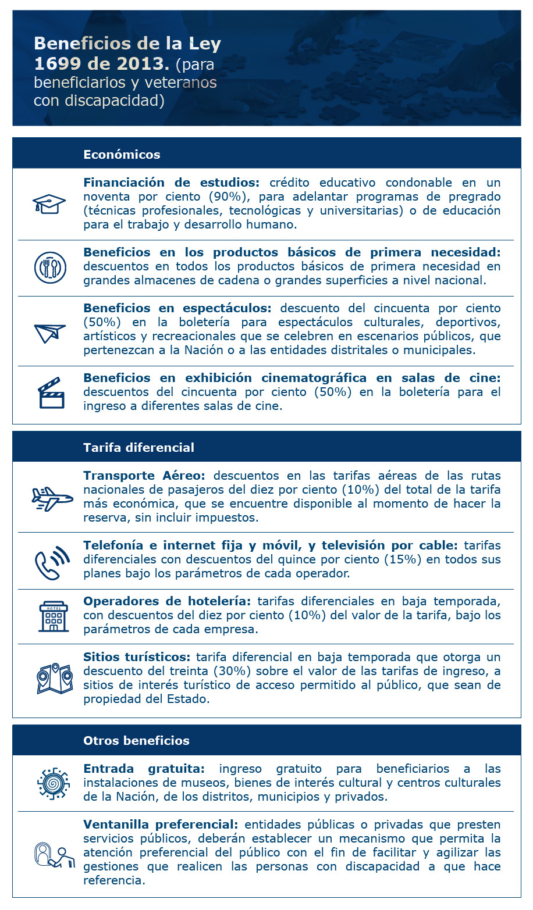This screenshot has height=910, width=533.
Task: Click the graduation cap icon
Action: coord(49,204)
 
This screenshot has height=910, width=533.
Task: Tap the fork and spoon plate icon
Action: coord(50,267)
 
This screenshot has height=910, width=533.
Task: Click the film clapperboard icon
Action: coord(51,394)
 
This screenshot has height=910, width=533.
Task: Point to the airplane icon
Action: coord(52,498)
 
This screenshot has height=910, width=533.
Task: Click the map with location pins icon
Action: coord(54,679)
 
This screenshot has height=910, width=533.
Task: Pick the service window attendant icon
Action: coord(54,855)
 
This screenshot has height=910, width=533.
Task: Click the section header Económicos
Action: coord(122,155)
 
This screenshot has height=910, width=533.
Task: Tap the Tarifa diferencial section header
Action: coord(138,448)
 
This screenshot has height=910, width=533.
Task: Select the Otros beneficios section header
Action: coord(136,741)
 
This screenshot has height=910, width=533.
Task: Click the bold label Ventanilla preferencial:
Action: coord(161,825)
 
